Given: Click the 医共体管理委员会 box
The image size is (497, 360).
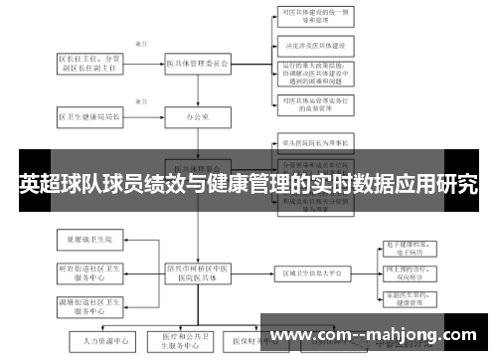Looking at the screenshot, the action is [x=198, y=63].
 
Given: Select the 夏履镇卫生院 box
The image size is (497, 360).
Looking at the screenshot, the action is [x=90, y=240].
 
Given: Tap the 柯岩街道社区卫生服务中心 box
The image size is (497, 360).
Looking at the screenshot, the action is [x=90, y=271].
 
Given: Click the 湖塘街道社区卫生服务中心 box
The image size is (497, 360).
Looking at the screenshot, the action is [x=90, y=304].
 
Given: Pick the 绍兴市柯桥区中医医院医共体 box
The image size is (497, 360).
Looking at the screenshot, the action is [x=198, y=272].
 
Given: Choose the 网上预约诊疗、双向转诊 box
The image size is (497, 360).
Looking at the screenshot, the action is [x=411, y=272].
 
